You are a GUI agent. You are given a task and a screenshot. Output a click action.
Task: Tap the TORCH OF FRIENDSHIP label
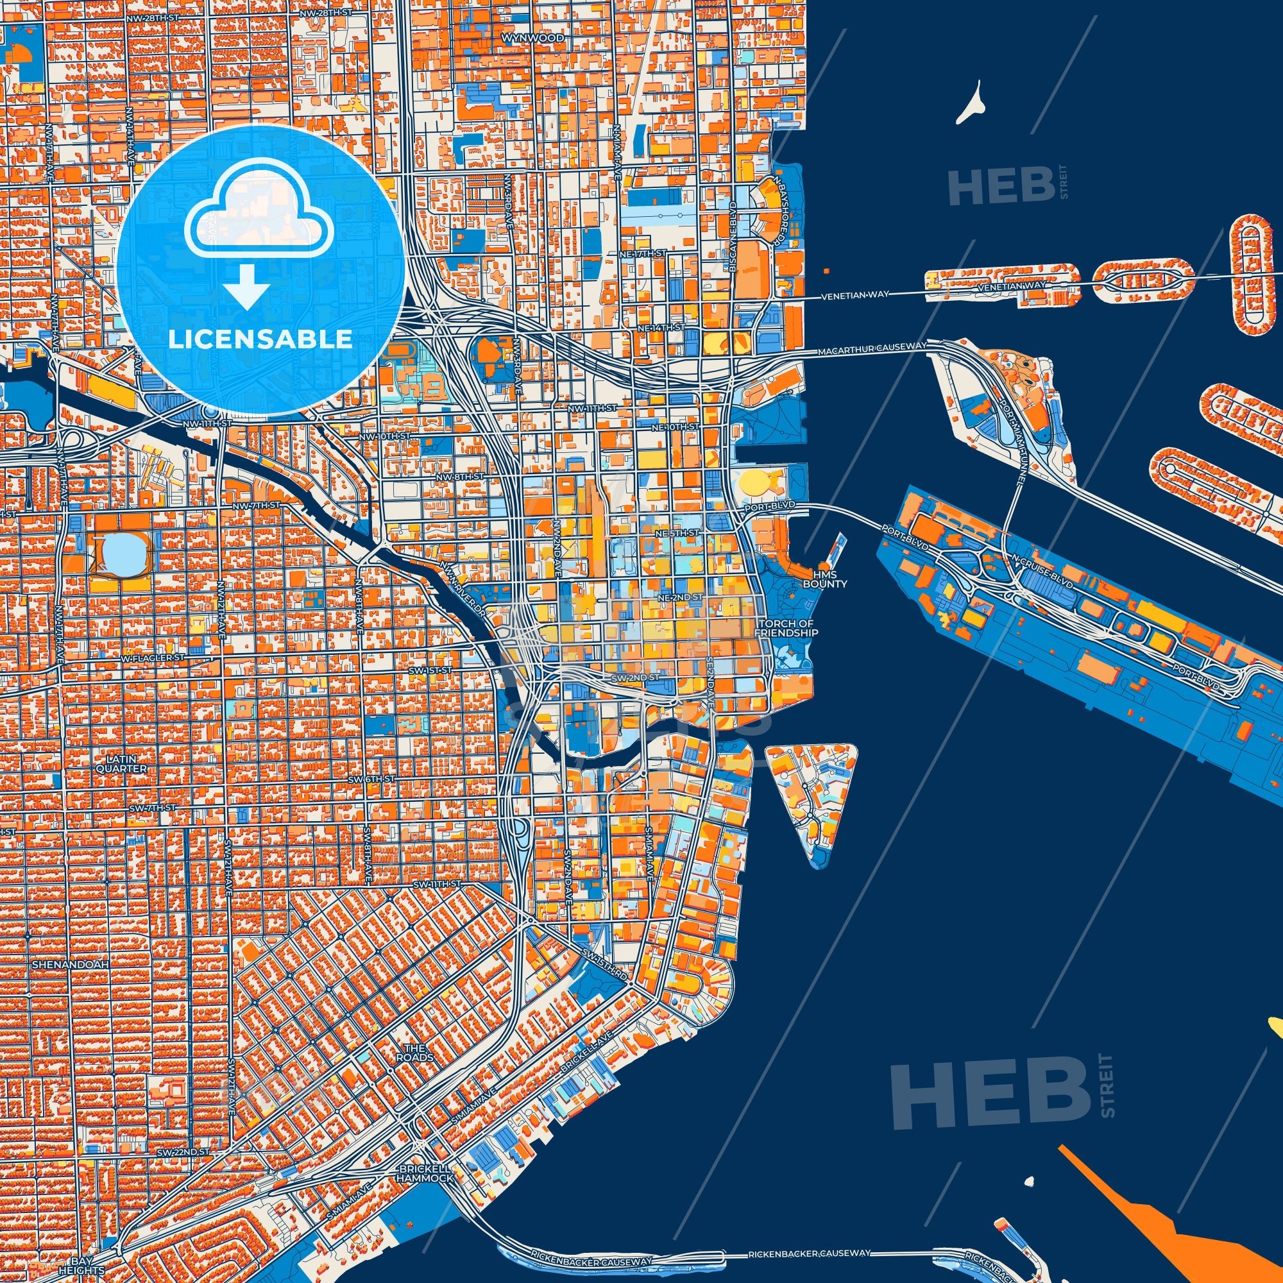[x=788, y=628]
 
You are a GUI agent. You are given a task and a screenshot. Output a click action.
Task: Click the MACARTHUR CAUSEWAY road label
[x=872, y=347]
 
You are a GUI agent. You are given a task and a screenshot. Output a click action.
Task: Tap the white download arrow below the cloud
[x=246, y=286]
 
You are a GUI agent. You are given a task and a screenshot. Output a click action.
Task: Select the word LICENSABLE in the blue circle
[x=260, y=339]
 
